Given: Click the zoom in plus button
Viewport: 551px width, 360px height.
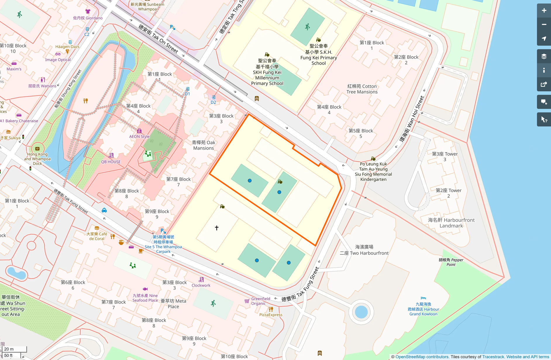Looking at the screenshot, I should [544, 11].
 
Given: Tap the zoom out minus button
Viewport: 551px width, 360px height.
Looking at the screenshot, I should [544, 25].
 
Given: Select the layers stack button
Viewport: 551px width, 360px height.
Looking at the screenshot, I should [544, 56].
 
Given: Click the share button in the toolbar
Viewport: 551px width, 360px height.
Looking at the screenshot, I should [544, 85].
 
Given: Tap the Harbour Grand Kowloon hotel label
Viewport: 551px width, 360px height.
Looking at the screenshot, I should [423, 309].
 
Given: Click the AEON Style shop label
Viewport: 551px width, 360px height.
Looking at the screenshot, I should [139, 136].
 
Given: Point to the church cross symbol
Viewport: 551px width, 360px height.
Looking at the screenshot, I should [217, 228].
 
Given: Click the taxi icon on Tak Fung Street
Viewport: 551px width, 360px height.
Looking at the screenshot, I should [104, 210].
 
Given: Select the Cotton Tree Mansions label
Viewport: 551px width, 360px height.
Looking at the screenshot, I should [362, 89].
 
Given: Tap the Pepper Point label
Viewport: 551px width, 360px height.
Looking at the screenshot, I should [451, 262].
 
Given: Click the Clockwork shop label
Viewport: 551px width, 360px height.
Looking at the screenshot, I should [201, 285].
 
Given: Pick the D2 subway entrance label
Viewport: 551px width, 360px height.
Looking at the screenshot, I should [213, 102].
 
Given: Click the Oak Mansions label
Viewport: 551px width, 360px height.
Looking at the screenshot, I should [204, 145].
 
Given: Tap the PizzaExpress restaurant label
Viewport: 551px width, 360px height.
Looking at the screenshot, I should [271, 315].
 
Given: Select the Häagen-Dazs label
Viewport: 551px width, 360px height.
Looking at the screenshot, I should [67, 47].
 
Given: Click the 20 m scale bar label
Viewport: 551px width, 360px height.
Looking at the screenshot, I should [9, 349].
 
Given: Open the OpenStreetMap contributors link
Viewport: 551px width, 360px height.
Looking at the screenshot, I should [422, 357].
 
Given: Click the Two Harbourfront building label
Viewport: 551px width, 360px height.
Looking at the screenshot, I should [364, 253].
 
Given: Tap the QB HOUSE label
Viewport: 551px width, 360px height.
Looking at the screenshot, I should [111, 162].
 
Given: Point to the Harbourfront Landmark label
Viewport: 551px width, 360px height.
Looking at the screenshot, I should [451, 223].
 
